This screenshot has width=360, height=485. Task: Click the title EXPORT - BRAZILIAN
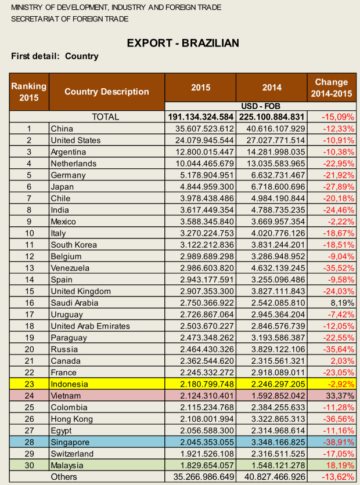click(x=182, y=44)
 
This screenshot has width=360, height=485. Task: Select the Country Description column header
click(x=107, y=92)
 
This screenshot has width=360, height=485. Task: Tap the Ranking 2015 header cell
click(x=28, y=92)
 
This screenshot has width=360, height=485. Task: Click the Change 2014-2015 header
click(x=330, y=88)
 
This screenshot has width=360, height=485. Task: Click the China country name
click(x=62, y=129)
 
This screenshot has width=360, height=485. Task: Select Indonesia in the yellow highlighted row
click(x=70, y=384)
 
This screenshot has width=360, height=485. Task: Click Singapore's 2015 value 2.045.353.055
click(x=202, y=442)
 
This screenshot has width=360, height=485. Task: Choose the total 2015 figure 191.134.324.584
click(x=201, y=117)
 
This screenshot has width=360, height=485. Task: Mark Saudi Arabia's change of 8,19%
click(x=343, y=303)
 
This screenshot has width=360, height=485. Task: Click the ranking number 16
click(x=28, y=303)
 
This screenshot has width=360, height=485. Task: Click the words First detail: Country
click(x=55, y=56)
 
